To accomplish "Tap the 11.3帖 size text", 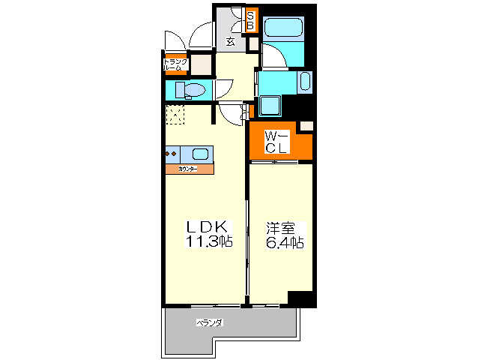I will click(209, 241).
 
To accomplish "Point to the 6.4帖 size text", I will click(282, 242).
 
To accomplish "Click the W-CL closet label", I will click(275, 142).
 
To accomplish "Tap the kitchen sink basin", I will click(200, 154).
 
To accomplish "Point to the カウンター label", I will click(189, 170).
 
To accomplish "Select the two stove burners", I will click(171, 154).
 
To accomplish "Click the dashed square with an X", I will click(175, 115).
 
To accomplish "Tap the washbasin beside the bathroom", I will click(305, 81).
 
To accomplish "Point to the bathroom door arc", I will click(272, 56).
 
